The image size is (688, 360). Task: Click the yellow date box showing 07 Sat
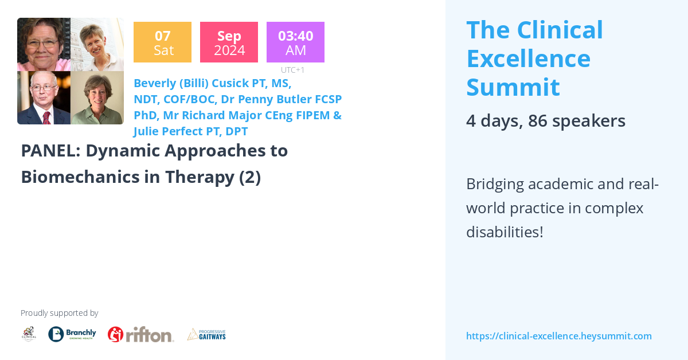[x=162, y=42]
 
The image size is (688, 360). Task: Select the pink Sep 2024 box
[x=229, y=42]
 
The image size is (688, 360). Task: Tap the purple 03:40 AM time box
[x=295, y=42]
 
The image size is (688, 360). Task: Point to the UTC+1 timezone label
[x=292, y=70]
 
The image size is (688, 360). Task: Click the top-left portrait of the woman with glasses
[x=44, y=45]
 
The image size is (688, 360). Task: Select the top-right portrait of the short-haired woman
[x=97, y=45]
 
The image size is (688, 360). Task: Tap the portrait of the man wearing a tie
[x=44, y=98]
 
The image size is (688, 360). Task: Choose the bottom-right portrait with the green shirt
[x=97, y=98]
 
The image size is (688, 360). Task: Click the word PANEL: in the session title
[x=48, y=151]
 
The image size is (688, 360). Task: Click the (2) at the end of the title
[x=250, y=177]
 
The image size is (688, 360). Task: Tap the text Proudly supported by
[x=59, y=313]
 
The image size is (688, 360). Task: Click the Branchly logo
[x=72, y=334]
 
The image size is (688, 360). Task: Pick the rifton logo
[x=140, y=334]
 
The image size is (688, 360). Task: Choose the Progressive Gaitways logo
[x=206, y=334]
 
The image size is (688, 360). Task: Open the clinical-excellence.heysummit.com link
[x=558, y=336]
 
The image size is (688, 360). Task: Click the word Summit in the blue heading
[x=513, y=87]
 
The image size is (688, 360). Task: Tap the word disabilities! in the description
[x=505, y=232]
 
